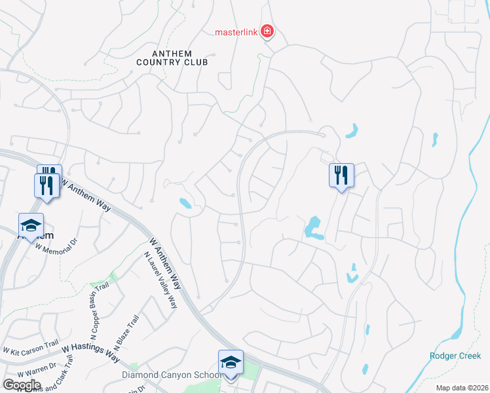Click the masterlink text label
(x=237, y=31)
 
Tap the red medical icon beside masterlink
(x=267, y=30)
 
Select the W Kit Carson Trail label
(x=31, y=345)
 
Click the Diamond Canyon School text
(x=170, y=375)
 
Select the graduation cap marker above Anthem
(x=31, y=227)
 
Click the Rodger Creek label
(x=455, y=356)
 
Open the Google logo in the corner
(x=22, y=384)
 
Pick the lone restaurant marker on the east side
(x=341, y=176)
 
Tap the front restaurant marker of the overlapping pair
(x=46, y=185)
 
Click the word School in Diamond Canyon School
(x=204, y=375)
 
